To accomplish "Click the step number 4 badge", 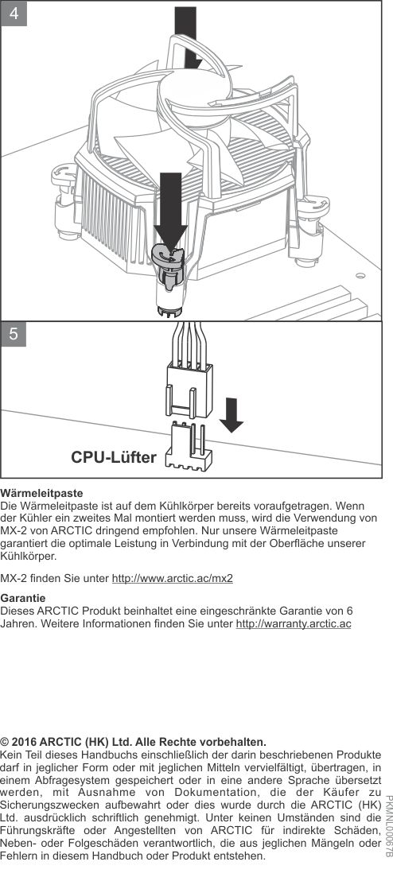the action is pos(14,14).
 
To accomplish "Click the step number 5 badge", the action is pos(14,334).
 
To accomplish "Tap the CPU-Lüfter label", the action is pos(114,457).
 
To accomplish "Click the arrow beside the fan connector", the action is pos(232,414).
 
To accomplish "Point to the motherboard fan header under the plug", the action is pos(189,447).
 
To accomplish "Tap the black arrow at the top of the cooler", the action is pos(188,37).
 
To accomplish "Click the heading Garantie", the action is pos(23,598).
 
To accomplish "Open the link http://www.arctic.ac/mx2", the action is pos(173,579).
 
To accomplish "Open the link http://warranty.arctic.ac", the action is pos(294,625).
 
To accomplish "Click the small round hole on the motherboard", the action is pos(360,276).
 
